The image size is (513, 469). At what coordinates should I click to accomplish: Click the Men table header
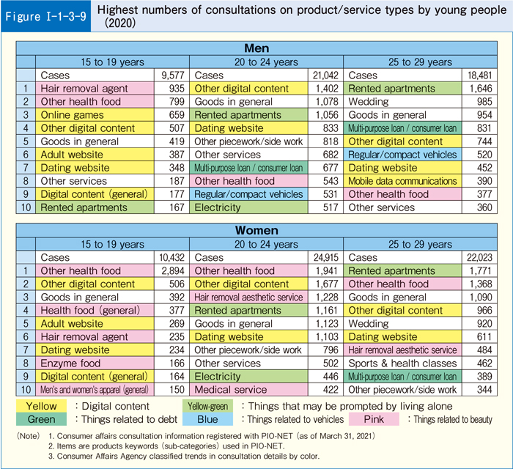click(256, 48)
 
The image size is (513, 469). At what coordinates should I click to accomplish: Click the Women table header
click(256, 231)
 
